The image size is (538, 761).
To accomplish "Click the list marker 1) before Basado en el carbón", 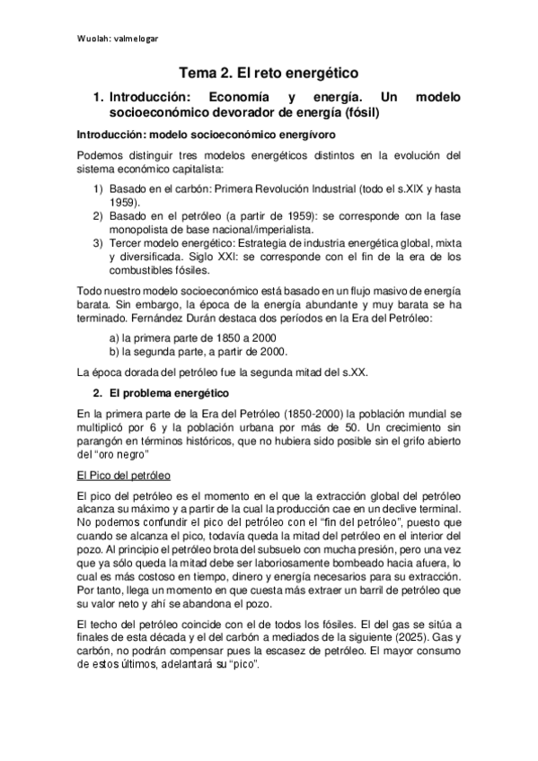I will pyautogui.click(x=99, y=190).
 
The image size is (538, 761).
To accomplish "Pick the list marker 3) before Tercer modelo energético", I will pyautogui.click(x=99, y=244).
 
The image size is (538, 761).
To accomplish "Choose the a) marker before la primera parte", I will pyautogui.click(x=114, y=337).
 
